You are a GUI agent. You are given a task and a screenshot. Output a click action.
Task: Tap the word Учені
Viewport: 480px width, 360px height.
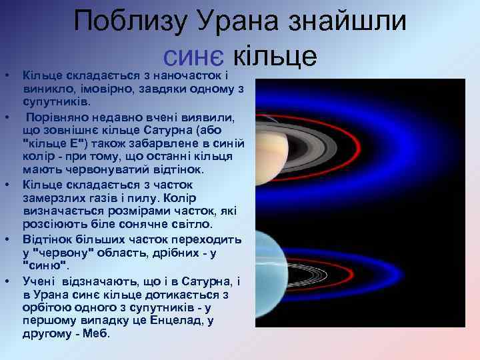tap(41, 281)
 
